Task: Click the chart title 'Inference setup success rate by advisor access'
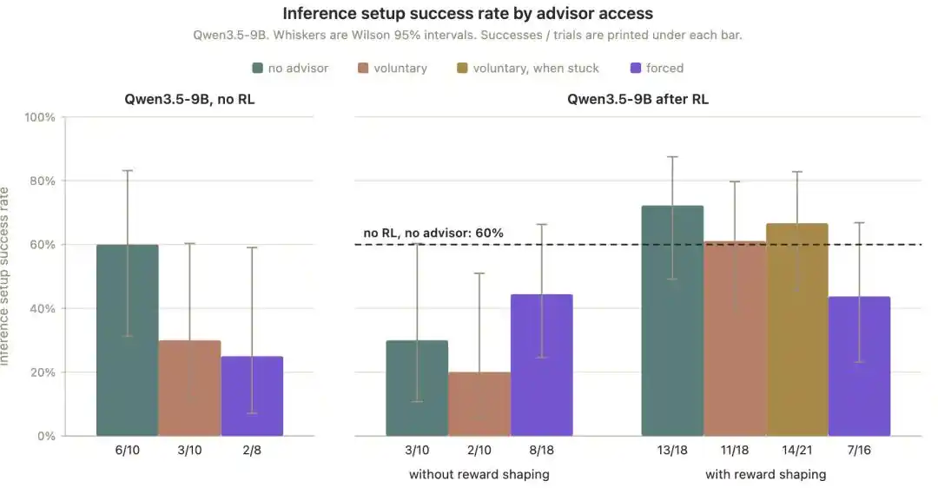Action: click(468, 13)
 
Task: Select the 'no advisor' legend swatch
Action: click(258, 69)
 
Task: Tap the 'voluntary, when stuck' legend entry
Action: click(528, 69)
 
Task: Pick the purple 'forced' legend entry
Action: click(657, 69)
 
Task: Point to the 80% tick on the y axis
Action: click(43, 181)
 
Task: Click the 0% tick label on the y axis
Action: click(46, 436)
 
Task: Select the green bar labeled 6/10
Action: click(128, 340)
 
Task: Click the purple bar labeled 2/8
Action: click(252, 396)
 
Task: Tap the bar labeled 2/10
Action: click(479, 404)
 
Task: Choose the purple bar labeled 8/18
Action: click(541, 365)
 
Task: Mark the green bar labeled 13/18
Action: click(672, 320)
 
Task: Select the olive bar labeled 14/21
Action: click(796, 330)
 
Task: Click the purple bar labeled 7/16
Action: click(859, 366)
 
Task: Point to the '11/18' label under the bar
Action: click(735, 451)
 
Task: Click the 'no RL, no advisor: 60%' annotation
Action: click(433, 233)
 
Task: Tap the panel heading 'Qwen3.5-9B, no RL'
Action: click(189, 99)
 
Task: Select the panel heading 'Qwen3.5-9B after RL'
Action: click(637, 99)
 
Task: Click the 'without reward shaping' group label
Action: click(479, 475)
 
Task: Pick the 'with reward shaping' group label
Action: click(766, 475)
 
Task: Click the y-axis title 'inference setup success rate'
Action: click(5, 276)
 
